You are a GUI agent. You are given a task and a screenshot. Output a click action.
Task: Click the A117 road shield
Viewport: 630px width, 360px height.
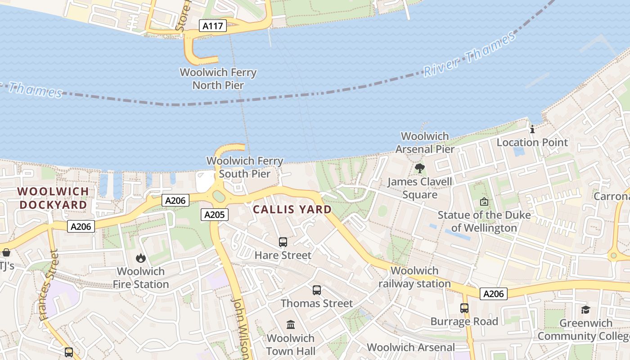[x=212, y=26]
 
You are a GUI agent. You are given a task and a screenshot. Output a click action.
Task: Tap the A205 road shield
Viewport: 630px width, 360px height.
[x=214, y=215]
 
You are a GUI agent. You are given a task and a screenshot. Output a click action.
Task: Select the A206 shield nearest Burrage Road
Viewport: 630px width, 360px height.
[x=493, y=294]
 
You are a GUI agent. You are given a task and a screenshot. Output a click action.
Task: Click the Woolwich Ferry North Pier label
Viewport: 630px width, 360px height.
[x=218, y=79]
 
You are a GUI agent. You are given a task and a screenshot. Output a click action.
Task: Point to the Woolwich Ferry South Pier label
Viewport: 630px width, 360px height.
[x=245, y=167]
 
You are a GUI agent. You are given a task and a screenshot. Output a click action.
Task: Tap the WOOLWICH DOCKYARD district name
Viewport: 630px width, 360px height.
[x=53, y=198]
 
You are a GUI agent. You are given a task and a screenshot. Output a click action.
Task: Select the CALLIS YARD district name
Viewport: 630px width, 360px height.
[x=292, y=209]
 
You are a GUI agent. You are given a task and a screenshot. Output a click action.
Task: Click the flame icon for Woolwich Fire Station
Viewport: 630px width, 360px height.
[x=141, y=258]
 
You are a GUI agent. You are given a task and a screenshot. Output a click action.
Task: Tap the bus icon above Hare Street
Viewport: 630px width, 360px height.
[x=283, y=242]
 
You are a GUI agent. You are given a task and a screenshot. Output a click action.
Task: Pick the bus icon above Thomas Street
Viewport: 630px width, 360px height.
[x=317, y=290]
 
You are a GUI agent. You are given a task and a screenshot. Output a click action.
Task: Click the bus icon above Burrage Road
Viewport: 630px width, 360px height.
[x=464, y=308]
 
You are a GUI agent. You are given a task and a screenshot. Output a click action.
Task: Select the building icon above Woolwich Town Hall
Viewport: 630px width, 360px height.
[x=291, y=324]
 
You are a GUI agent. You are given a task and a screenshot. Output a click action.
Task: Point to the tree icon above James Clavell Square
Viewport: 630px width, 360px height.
[x=420, y=169]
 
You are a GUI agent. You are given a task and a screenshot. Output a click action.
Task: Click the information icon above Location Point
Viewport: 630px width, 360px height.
[x=532, y=130]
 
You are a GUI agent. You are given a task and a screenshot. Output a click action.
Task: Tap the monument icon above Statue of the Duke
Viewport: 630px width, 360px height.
[x=484, y=202]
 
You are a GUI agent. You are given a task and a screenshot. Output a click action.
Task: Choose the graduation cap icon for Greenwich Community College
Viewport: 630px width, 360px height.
[x=585, y=310]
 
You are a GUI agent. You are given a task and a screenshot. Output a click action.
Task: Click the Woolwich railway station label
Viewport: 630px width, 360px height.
[x=414, y=277]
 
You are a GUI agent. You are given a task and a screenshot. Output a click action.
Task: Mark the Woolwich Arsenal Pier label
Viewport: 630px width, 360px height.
[x=425, y=142]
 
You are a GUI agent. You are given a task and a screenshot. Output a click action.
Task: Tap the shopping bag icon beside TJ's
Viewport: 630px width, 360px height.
[x=6, y=252]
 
